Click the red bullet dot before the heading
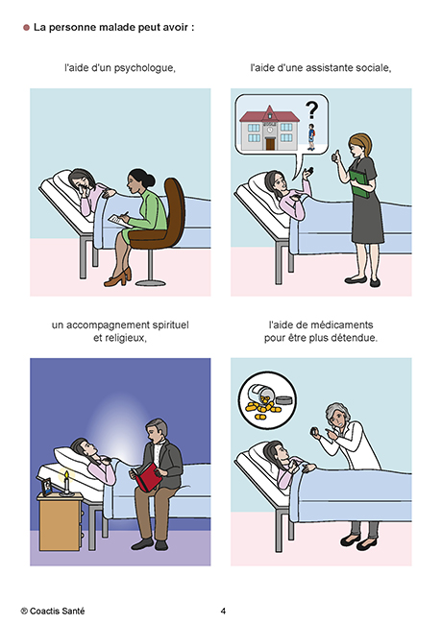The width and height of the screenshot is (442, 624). tap(26, 28)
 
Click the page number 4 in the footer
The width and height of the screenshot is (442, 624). tap(223, 611)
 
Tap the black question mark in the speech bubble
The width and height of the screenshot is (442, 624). tap(311, 110)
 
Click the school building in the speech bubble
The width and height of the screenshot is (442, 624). tap(270, 128)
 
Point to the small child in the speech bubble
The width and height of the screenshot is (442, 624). tap(311, 136)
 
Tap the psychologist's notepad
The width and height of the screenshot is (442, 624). tap(119, 221)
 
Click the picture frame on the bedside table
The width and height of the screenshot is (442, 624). tap(46, 487)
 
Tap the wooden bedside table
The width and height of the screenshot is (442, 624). tap(61, 522)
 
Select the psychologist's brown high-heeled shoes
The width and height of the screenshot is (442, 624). tap(118, 277)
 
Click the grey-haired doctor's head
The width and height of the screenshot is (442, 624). tap(337, 416)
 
